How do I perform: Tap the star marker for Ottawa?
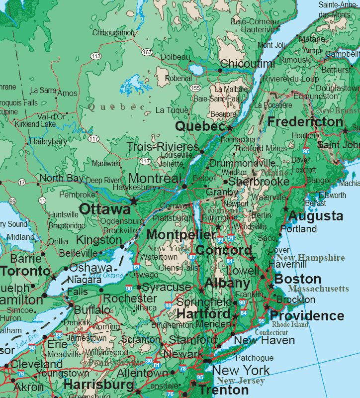click(x=134, y=200)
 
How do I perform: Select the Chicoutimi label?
click(x=247, y=64)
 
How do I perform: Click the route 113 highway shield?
click(x=96, y=56)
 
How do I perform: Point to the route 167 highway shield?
click(x=147, y=52)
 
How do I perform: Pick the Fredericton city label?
click(x=305, y=122)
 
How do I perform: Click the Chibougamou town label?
click(x=113, y=33)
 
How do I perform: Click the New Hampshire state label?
click(x=310, y=258)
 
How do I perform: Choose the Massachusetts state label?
click(x=318, y=289)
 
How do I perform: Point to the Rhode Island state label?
click(x=290, y=324)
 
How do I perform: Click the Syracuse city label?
click(x=166, y=287)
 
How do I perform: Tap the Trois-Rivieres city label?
click(x=163, y=147)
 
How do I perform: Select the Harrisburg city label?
click(x=98, y=385)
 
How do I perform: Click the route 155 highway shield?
click(x=195, y=88)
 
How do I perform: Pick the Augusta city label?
click(x=315, y=216)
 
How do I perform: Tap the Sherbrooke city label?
click(x=258, y=182)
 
